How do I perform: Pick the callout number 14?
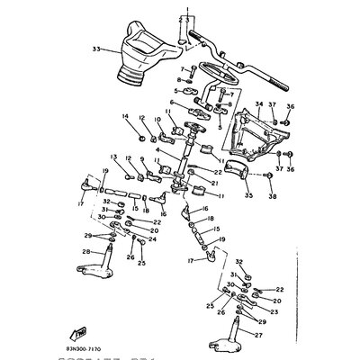click(126, 115)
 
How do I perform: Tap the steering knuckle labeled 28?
click(112, 274)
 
